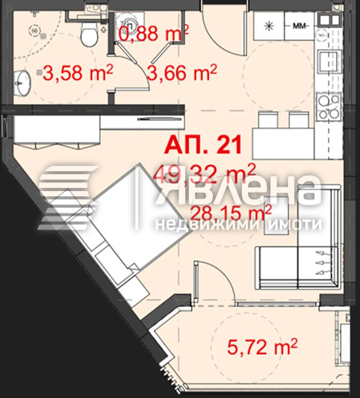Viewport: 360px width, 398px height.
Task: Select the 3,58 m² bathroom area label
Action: pos(78,72)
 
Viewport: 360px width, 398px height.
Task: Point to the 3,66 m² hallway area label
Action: pos(182,72)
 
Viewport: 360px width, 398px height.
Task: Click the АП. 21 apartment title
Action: pos(203,146)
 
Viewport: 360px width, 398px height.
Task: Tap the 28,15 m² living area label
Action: pos(231,213)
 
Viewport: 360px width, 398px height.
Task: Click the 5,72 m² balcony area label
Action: pos(262,346)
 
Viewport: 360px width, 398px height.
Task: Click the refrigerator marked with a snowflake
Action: pos(269,26)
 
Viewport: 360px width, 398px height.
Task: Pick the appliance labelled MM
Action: pos(300,26)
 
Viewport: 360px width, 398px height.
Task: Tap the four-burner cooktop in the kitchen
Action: pos(329,107)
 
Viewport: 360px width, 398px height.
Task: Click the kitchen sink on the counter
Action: pos(328,62)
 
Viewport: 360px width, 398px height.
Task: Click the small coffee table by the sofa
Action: pos(276,215)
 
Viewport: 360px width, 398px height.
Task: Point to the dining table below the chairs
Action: pos(284,143)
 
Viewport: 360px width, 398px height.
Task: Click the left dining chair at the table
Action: pos(268,120)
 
